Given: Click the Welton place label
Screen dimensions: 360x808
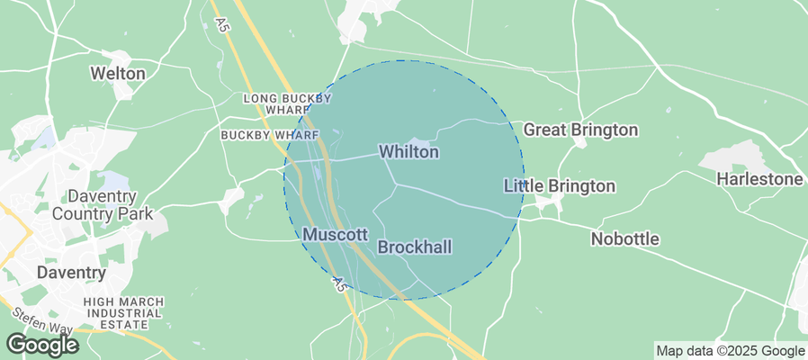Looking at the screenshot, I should [118, 73].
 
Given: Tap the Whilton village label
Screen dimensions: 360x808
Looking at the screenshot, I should [408, 152].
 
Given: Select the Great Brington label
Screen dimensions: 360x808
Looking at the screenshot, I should [580, 130].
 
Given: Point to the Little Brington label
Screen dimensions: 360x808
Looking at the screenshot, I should [559, 186].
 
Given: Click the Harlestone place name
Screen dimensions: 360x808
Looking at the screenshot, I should [759, 179].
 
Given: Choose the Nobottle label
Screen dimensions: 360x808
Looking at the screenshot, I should [624, 239].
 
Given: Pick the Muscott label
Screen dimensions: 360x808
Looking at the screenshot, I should [335, 234].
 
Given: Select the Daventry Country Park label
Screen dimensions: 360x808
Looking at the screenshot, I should [103, 205].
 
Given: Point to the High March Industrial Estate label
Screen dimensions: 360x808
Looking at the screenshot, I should [124, 311].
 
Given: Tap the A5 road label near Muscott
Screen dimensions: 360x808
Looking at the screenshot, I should [338, 283].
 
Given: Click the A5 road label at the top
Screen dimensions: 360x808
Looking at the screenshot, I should [218, 24].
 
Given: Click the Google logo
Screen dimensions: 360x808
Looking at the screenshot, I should [41, 345].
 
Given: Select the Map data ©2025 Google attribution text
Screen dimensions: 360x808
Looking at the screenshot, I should [730, 351].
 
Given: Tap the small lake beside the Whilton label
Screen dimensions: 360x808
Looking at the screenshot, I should [424, 136].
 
